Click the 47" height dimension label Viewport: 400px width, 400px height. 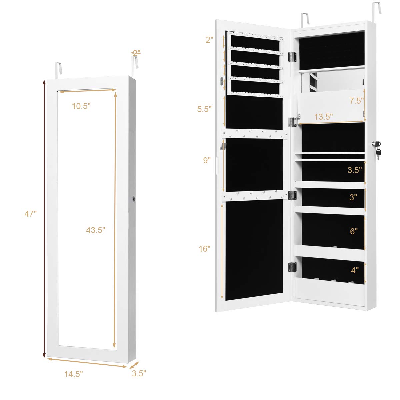pos(30,214)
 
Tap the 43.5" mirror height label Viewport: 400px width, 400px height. pos(95,230)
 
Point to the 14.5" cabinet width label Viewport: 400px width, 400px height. pos(73,374)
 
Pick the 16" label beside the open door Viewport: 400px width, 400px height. pos(205,249)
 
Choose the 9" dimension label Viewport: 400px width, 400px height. pos(207,160)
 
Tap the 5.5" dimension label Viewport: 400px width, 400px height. pos(204,109)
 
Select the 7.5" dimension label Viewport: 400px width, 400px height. pos(356,101)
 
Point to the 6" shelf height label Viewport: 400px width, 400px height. pos(354,231)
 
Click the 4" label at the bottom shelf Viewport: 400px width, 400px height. pos(355,270)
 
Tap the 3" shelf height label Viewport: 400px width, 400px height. pos(353,197)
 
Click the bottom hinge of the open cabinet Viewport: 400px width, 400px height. pos(292,267)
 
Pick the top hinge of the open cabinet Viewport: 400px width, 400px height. pos(292,57)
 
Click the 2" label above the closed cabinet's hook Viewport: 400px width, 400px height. pos(136,52)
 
